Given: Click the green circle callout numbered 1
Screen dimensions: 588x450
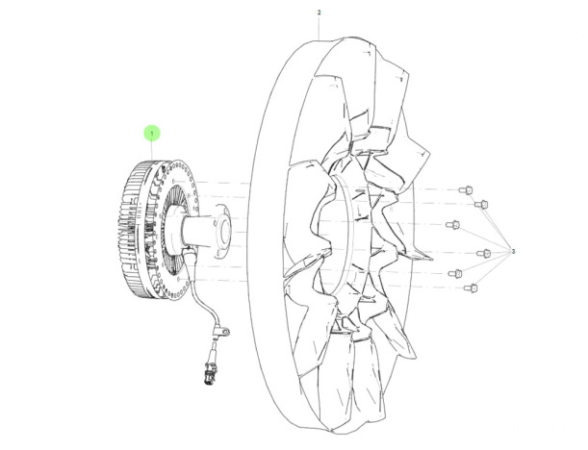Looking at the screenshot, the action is click(x=152, y=133).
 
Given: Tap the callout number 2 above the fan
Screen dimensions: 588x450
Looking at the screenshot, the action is click(x=320, y=12).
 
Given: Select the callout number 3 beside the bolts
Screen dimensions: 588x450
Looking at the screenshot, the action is click(x=513, y=251).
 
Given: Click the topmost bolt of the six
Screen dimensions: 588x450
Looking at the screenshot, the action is click(x=466, y=190).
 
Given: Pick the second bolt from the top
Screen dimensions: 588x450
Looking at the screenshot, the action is click(x=481, y=204).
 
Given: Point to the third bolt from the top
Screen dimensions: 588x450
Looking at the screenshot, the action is click(x=452, y=225).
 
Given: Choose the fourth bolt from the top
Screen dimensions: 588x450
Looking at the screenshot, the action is click(x=483, y=254).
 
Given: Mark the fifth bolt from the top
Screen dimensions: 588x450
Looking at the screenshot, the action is click(x=455, y=273).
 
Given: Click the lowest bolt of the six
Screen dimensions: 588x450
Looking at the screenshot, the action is click(x=471, y=287).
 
